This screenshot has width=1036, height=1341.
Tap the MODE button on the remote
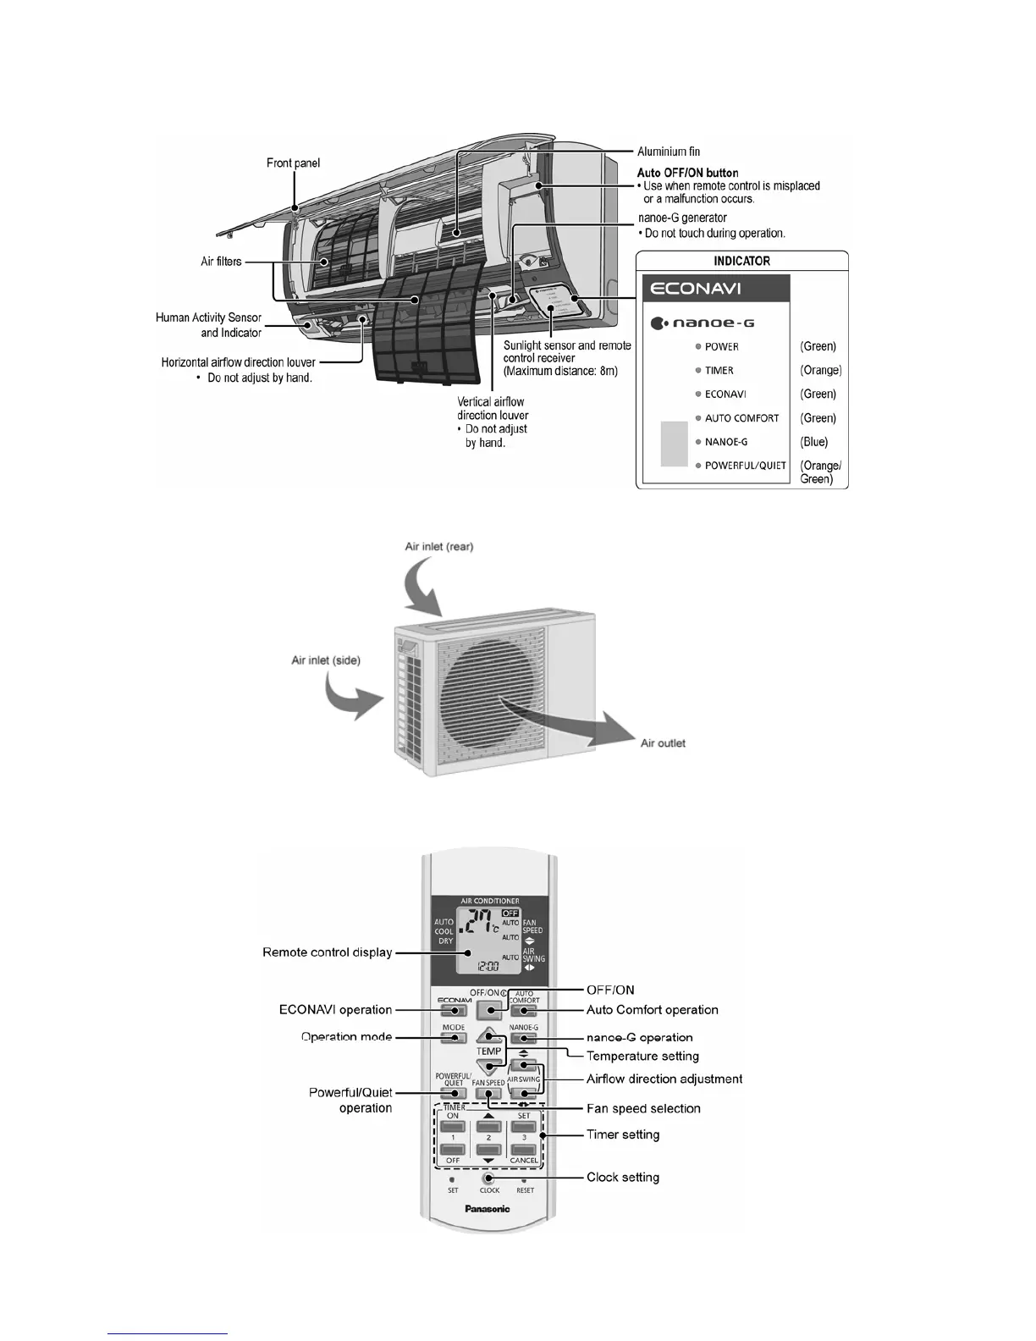454,1038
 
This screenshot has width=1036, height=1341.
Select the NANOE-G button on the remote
524,1038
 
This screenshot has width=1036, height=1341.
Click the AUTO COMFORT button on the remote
524,1010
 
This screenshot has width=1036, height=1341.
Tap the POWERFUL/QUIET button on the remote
454,1093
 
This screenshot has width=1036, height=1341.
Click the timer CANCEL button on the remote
524,1150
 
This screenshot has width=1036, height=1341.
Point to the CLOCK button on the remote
489,1178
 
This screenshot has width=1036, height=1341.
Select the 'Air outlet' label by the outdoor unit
663,743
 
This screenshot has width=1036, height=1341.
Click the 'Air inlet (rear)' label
439,547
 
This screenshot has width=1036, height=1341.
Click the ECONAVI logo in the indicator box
695,289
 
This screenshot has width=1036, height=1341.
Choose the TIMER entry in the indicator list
719,370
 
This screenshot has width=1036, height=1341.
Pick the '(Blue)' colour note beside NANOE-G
814,442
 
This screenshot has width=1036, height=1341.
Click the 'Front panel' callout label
293,163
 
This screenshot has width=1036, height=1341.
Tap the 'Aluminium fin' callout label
669,152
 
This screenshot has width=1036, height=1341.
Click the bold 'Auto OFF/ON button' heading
687,173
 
